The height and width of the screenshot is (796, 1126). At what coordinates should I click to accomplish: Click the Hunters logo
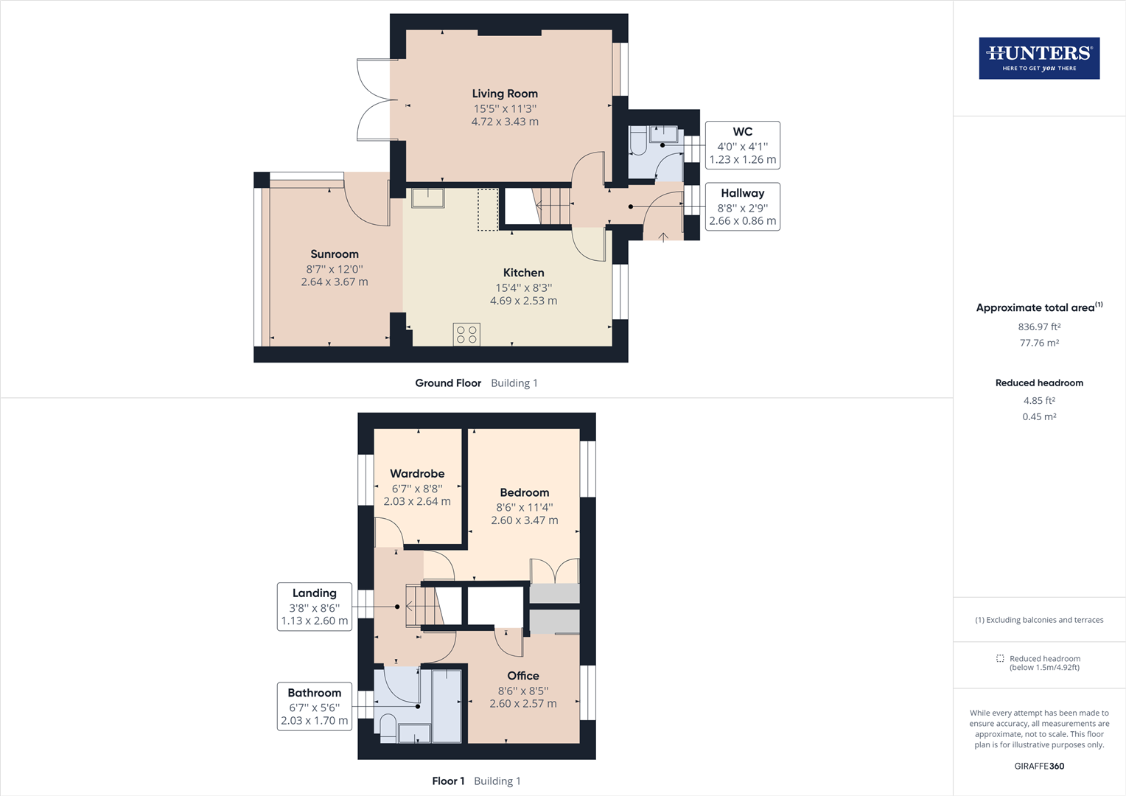[x=1039, y=57]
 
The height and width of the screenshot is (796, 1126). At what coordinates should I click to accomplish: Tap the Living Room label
[x=505, y=94]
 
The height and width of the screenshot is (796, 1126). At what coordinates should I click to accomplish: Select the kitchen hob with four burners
[x=466, y=335]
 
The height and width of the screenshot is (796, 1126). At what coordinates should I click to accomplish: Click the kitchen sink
[x=428, y=198]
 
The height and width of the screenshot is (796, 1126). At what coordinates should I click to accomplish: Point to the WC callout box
[x=743, y=144]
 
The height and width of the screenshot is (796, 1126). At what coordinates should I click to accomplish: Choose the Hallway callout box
[x=743, y=206]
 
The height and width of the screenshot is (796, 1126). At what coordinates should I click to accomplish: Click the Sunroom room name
[x=335, y=254]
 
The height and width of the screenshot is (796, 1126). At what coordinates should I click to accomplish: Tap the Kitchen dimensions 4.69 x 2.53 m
[x=523, y=301]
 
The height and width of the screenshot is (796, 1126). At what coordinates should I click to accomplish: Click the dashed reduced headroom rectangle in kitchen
[x=488, y=209]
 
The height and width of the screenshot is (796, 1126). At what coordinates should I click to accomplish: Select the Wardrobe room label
[x=417, y=473]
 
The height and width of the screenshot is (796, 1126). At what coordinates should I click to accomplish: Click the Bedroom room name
[x=524, y=492]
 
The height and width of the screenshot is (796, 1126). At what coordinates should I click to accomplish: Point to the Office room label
[x=522, y=675]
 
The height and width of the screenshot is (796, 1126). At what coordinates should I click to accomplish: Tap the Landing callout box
[x=314, y=607]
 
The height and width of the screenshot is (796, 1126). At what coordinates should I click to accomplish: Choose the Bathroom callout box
[x=314, y=706]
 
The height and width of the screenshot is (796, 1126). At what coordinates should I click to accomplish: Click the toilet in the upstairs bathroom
[x=388, y=729]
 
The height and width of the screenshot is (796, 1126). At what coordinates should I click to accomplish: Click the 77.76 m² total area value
[x=1039, y=343]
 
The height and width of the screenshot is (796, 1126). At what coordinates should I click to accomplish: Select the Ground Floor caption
[x=448, y=383]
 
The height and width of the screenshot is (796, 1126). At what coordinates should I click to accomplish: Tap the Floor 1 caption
[x=448, y=781]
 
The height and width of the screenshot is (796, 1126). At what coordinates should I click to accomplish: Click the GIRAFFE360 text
[x=1039, y=766]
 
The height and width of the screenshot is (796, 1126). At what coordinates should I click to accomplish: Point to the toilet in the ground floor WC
[x=638, y=141]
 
